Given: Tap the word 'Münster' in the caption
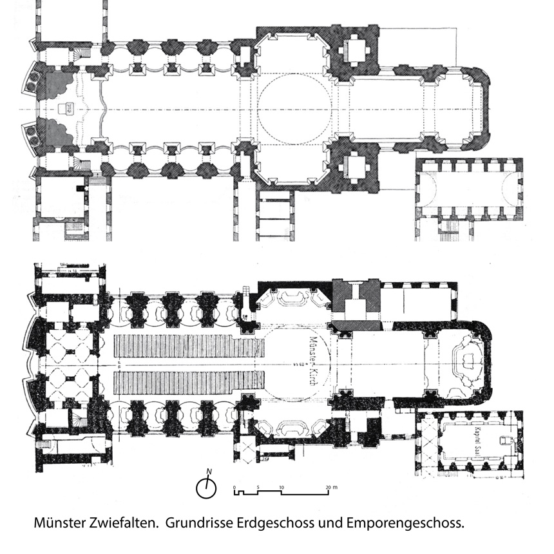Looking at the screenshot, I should coord(57,524).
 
